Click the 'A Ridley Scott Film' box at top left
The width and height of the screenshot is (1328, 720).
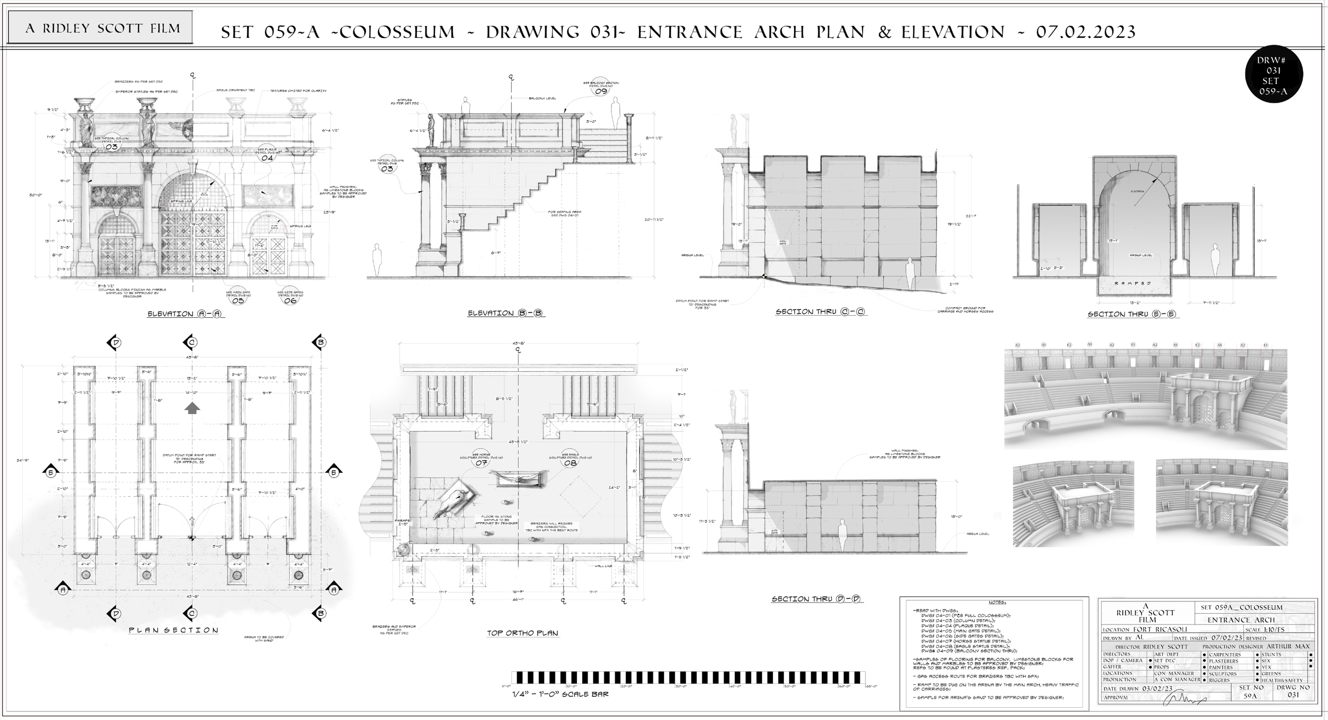pyautogui.click(x=100, y=28)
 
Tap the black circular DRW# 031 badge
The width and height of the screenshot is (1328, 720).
pyautogui.click(x=1274, y=74)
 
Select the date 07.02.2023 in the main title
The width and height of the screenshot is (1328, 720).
pyautogui.click(x=1086, y=32)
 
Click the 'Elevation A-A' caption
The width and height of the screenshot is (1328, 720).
pyautogui.click(x=186, y=314)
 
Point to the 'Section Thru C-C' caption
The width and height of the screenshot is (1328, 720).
pyautogui.click(x=821, y=312)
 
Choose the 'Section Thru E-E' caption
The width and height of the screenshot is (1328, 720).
pyautogui.click(x=1133, y=314)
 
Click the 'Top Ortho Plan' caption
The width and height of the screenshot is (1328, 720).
pyautogui.click(x=523, y=633)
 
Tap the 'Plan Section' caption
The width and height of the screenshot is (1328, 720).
pyautogui.click(x=174, y=630)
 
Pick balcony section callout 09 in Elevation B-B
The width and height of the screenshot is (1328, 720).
pyautogui.click(x=601, y=90)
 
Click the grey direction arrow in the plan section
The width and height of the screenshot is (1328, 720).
pyautogui.click(x=192, y=408)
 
